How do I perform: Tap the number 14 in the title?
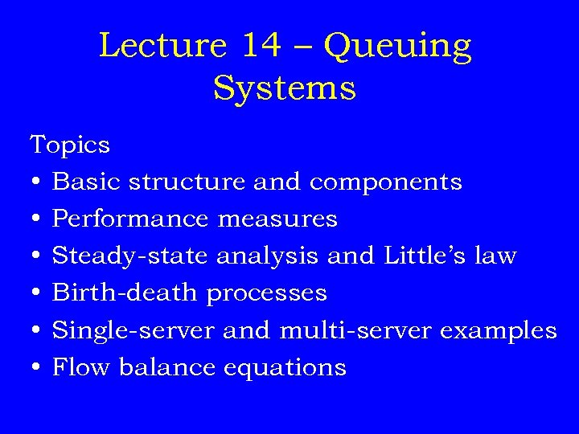click(x=261, y=46)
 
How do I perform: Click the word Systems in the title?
click(x=284, y=88)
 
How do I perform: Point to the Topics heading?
click(x=70, y=145)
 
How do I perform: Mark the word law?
click(x=497, y=256)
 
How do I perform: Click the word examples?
click(x=503, y=331)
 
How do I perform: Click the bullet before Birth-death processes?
click(x=35, y=293)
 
